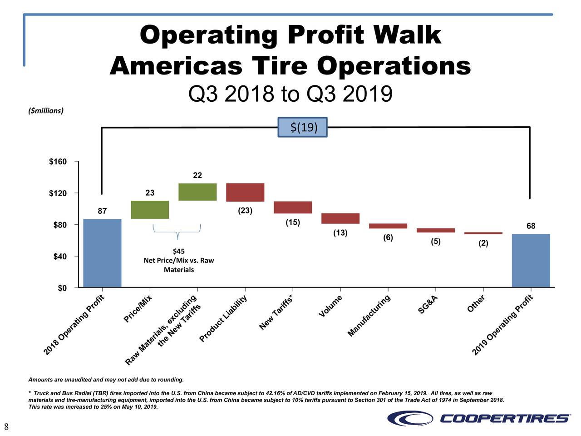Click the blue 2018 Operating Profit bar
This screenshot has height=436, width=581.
tap(102, 253)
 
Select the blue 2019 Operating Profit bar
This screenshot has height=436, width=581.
tap(531, 261)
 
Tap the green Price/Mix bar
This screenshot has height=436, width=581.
tap(150, 210)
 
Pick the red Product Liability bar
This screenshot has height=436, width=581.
tap(245, 192)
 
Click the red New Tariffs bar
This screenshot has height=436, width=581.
tap(293, 207)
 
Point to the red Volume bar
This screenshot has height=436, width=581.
tap(340, 218)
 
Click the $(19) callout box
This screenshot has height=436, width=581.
tap(302, 127)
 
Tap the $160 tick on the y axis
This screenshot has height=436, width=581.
tap(58, 162)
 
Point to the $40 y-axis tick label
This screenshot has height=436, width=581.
tap(58, 257)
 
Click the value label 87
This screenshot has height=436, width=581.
tap(102, 211)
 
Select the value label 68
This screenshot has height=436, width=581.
tap(531, 226)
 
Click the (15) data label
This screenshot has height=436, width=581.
tap(293, 223)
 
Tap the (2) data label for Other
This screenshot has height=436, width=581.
tap(483, 243)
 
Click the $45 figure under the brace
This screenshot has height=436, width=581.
tap(179, 251)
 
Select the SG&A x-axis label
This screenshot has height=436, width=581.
tap(428, 305)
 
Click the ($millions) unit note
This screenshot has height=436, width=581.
tap(46, 111)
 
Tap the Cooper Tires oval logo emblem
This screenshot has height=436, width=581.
tap(410, 418)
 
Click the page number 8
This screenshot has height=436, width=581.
tap(6, 426)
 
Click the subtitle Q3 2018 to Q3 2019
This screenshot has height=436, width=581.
tap(290, 94)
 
